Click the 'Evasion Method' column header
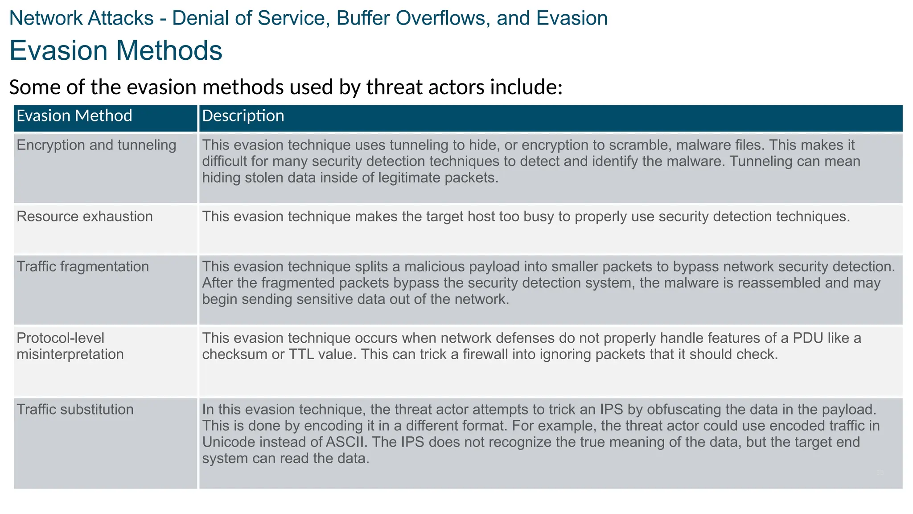[x=74, y=116]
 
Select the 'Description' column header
[x=243, y=116]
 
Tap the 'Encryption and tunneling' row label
[x=96, y=145]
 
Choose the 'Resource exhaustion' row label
[x=85, y=216]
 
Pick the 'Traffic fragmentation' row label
[x=83, y=266]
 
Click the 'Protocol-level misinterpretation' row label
[x=70, y=346]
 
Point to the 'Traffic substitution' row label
[x=75, y=409]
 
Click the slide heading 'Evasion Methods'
[x=116, y=50]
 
